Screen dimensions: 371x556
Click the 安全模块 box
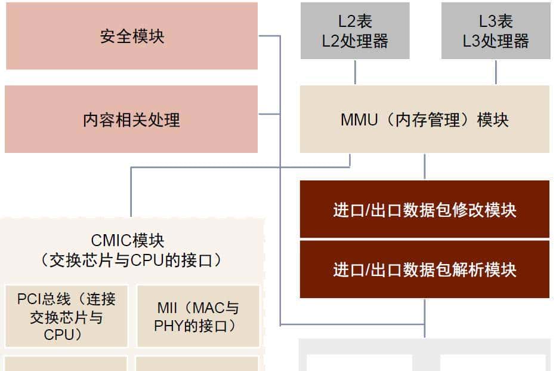[132, 36]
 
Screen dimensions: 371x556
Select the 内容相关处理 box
[131, 119]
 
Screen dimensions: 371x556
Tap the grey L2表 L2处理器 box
[355, 31]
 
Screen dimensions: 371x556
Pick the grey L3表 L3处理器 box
[496, 31]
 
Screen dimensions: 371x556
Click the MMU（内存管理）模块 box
[424, 119]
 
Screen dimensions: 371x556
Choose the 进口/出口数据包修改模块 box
[424, 210]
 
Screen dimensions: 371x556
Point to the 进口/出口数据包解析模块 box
[424, 269]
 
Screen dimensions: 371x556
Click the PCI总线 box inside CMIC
[66, 316]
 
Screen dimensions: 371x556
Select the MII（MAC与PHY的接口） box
[197, 316]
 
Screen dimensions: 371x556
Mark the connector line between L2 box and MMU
[355, 72]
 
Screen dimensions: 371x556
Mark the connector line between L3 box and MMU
[496, 72]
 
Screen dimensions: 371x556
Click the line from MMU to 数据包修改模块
[425, 167]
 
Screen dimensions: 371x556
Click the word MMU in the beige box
[359, 119]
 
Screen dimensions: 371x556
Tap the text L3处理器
[496, 41]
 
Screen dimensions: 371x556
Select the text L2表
[355, 22]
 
